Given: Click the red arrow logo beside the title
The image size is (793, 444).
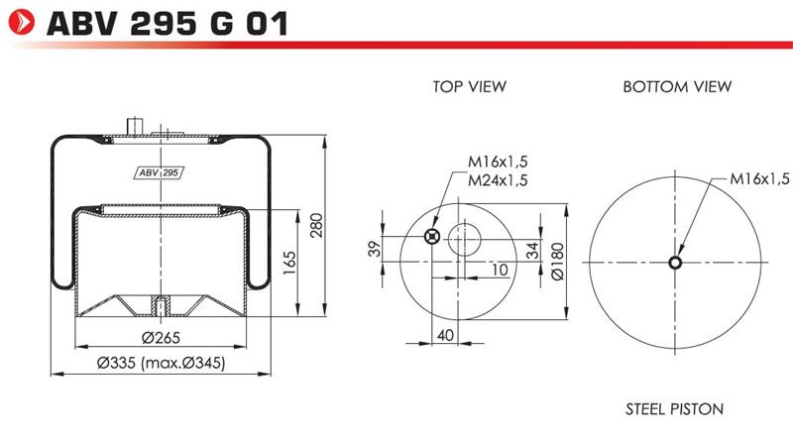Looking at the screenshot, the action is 22,23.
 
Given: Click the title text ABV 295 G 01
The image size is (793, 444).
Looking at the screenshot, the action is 168,24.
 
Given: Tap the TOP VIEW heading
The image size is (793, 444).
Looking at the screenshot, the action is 469,86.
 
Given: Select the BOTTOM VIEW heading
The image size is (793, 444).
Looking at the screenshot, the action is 677,86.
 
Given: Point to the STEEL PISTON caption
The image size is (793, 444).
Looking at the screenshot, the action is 675,408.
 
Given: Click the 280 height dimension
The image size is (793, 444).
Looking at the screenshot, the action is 316,226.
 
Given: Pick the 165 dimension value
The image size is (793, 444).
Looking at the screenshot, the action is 289,263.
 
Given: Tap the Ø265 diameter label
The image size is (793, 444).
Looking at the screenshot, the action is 161,337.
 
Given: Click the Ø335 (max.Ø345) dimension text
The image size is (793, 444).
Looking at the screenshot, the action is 161,363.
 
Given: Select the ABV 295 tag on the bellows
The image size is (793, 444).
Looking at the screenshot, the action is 159,172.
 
